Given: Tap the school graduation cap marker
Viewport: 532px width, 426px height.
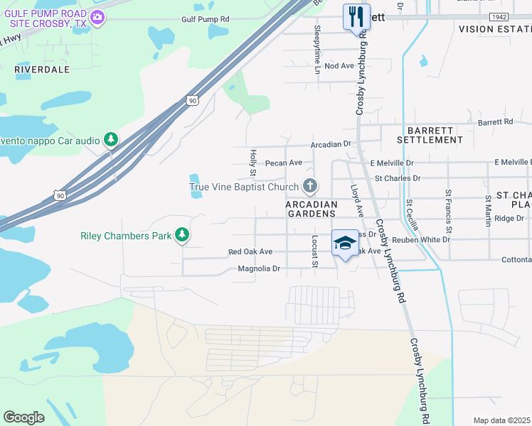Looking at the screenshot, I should [345, 243].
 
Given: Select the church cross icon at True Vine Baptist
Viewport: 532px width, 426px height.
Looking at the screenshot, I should [309, 187].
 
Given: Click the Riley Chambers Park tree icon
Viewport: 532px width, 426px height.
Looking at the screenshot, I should [183, 234].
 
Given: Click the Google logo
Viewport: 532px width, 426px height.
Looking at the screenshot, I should [23, 417].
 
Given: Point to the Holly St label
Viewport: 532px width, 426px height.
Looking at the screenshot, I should [252, 159].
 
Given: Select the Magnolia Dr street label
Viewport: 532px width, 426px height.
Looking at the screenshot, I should [260, 269].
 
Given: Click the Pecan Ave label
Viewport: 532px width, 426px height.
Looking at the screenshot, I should [284, 163].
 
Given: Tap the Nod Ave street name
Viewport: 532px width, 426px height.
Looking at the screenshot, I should [339, 66].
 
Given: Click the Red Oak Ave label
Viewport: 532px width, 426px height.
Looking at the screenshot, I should [250, 252].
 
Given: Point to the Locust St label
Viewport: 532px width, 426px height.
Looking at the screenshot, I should [314, 251].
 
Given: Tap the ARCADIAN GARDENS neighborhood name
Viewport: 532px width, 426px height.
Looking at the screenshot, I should [310, 208].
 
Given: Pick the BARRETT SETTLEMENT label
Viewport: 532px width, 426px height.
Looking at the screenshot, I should [435, 135].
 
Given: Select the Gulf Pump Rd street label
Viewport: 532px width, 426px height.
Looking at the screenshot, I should [206, 20].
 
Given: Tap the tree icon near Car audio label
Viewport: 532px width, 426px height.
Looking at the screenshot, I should [110, 140].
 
